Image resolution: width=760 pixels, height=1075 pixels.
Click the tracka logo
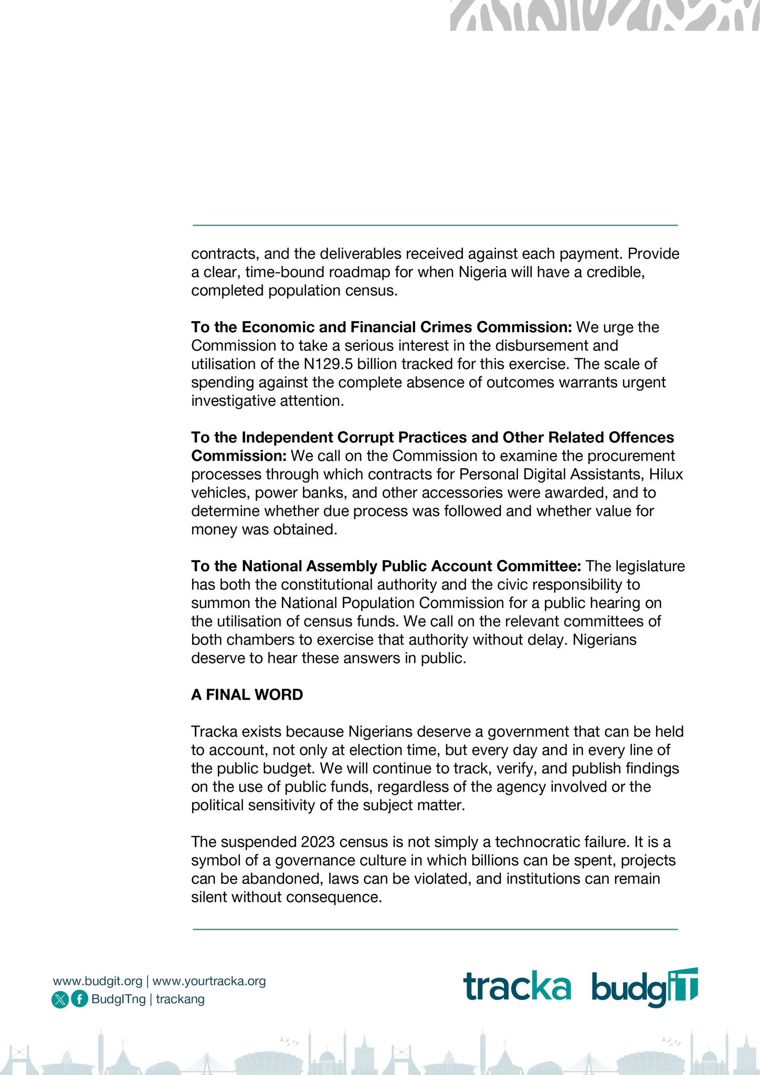[x=517, y=986]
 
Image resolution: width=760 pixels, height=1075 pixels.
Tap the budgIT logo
[x=645, y=987]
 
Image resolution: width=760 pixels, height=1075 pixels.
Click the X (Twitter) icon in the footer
[x=60, y=999]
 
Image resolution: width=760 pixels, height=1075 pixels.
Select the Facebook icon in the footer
[x=79, y=999]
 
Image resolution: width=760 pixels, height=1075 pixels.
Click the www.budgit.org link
[x=98, y=981]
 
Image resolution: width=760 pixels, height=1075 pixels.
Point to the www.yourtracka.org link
[x=209, y=981]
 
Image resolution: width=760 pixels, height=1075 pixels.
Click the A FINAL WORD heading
[x=247, y=695]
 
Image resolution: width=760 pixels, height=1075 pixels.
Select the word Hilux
[x=666, y=475]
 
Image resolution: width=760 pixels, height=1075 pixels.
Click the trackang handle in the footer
[x=180, y=999]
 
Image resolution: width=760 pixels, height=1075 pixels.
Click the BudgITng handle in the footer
[x=118, y=999]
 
